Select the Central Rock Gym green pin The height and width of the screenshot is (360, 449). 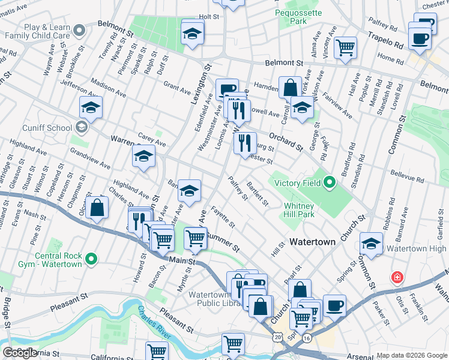[91, 259]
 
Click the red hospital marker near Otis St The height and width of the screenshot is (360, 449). [397, 277]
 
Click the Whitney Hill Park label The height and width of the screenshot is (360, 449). [298, 210]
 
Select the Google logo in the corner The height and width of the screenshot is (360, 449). [20, 353]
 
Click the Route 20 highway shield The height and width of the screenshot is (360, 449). [277, 337]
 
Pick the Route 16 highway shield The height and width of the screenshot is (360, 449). [306, 338]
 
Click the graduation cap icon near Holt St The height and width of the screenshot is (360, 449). [192, 34]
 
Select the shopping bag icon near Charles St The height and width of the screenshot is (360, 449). [97, 208]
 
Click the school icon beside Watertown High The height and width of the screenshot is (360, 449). [372, 243]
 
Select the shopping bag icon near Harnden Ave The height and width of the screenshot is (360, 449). [290, 87]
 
